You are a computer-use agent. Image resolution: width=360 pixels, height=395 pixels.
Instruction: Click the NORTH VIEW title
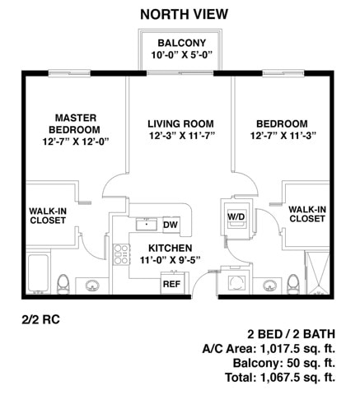click(184, 14)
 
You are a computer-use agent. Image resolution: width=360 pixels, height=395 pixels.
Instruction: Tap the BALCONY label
click(182, 43)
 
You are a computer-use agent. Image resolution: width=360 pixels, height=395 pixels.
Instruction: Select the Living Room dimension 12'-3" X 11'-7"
click(181, 136)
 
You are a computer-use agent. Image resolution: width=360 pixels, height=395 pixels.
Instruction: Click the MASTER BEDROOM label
click(75, 123)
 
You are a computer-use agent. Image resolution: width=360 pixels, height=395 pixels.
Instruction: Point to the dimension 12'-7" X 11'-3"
click(283, 136)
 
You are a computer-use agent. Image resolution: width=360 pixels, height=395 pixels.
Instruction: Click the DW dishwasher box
click(171, 225)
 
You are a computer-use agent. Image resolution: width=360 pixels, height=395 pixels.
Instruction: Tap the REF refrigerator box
click(171, 283)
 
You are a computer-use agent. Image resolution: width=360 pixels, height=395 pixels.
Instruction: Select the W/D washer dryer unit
click(236, 217)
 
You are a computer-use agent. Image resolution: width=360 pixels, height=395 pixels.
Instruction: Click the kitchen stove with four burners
click(122, 254)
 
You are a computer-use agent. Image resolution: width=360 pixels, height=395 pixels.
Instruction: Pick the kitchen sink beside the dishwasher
click(147, 225)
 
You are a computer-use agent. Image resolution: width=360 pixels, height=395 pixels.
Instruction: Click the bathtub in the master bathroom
click(39, 273)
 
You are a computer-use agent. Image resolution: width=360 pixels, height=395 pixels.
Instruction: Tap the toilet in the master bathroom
click(63, 285)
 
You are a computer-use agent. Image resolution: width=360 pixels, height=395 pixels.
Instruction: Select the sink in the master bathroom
click(92, 286)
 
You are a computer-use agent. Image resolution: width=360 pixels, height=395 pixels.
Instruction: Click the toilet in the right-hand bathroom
click(293, 285)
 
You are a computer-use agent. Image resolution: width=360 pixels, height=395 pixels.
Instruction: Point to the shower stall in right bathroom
click(318, 273)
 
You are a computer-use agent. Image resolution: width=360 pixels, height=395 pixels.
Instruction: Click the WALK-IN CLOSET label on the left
click(48, 216)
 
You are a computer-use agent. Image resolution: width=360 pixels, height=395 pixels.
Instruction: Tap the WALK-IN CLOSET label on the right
click(307, 214)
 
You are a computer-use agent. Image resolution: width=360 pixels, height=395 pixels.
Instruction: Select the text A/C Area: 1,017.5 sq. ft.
click(269, 349)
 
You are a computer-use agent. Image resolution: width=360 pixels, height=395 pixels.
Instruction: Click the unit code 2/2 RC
click(40, 320)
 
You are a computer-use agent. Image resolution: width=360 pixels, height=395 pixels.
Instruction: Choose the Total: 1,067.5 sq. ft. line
click(280, 378)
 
